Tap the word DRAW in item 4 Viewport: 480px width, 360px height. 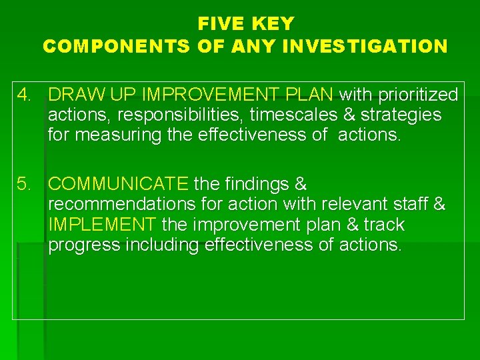(72, 95)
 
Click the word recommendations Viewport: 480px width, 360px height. (121, 204)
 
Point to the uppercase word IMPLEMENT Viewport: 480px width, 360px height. (102, 224)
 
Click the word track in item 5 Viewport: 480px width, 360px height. (385, 224)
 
